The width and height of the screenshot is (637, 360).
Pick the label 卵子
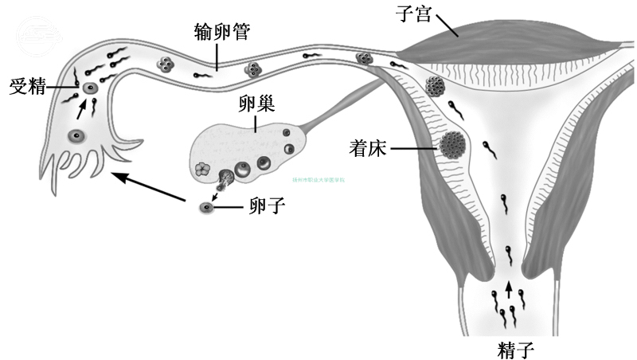tap(266, 208)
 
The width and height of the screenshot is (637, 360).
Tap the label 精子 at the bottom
tap(510, 348)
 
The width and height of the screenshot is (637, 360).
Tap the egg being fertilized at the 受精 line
tap(89, 88)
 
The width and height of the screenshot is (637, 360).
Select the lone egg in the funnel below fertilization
tap(76, 136)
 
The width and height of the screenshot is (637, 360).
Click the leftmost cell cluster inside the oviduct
tap(167, 65)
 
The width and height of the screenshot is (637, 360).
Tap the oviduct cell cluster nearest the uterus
tap(365, 58)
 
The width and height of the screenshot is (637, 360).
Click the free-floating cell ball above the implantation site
tap(436, 85)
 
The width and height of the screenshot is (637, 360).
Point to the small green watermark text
tap(321, 180)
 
